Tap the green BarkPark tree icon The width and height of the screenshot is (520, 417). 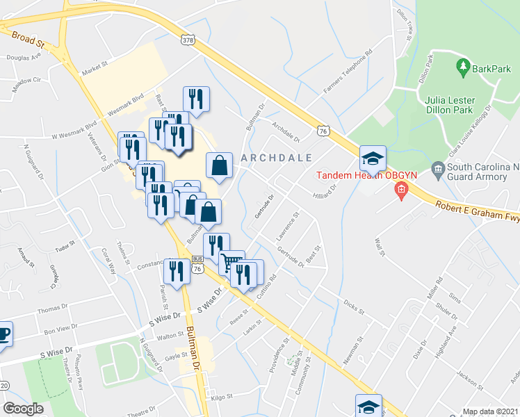[x=462, y=67]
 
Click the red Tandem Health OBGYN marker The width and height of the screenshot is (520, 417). [x=400, y=189]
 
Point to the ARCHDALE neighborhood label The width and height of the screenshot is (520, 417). [x=276, y=158]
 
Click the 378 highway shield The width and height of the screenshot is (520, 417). [x=207, y=41]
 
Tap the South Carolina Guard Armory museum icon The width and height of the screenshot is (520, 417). [x=438, y=168]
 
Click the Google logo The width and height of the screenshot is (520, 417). [x=24, y=408]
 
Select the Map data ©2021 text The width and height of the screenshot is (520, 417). [x=490, y=411]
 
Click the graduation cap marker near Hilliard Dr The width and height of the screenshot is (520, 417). [x=373, y=159]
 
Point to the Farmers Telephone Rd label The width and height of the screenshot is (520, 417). [x=348, y=72]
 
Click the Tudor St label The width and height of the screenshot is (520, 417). [x=65, y=247]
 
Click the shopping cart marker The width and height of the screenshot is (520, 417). [x=231, y=263]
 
